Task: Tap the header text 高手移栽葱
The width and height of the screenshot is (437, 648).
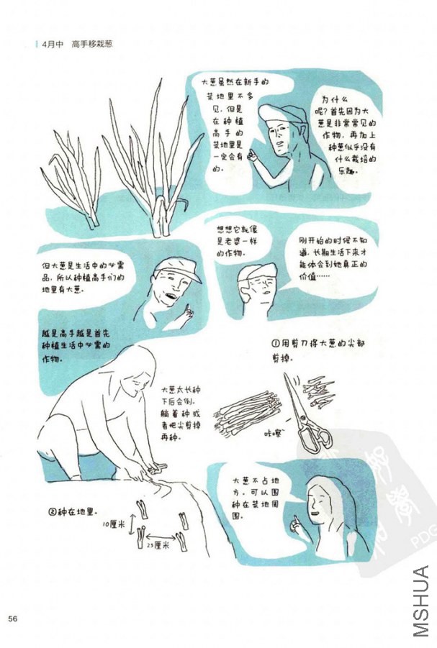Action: (x=93, y=45)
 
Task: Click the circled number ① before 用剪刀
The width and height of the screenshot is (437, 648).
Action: (x=275, y=344)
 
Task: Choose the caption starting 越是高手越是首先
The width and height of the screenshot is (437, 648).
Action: (x=71, y=345)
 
